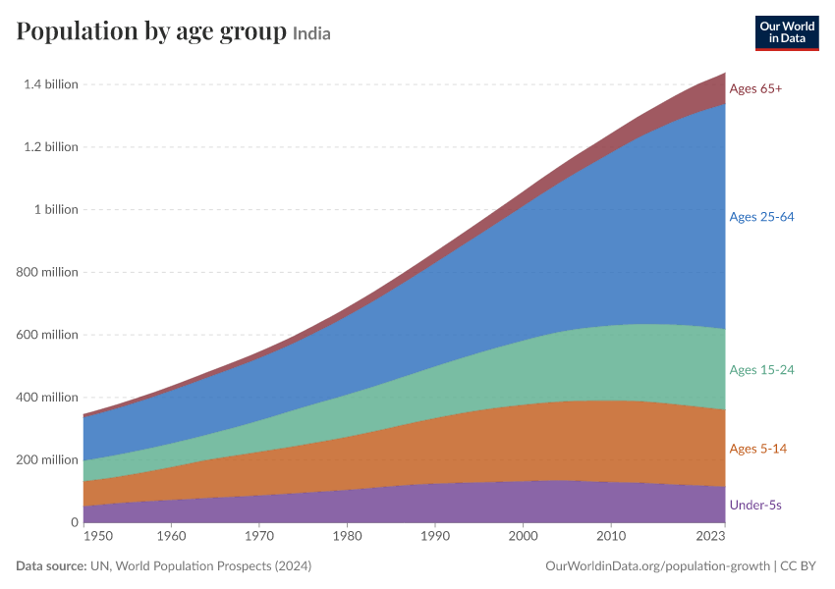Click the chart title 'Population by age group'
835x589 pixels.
(151, 32)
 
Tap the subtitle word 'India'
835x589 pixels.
(311, 34)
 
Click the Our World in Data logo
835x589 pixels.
(787, 33)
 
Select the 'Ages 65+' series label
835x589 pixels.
(755, 89)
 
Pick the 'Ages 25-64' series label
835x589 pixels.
(761, 217)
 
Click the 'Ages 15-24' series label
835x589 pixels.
(761, 370)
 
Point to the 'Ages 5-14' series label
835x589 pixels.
(757, 449)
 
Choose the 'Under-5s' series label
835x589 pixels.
(755, 505)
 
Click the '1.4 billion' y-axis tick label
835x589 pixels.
(50, 84)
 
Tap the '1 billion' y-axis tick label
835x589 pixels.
(56, 210)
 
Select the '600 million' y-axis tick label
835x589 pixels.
(47, 335)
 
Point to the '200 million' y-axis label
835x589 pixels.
(47, 459)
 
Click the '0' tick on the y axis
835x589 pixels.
(75, 522)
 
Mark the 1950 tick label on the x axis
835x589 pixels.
(98, 536)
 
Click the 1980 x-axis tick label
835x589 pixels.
(347, 536)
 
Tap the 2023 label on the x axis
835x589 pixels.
(710, 536)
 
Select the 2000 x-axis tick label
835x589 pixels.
(523, 536)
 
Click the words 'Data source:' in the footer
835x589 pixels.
(51, 566)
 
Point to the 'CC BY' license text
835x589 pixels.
(798, 566)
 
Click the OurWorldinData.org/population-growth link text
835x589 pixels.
(657, 566)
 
